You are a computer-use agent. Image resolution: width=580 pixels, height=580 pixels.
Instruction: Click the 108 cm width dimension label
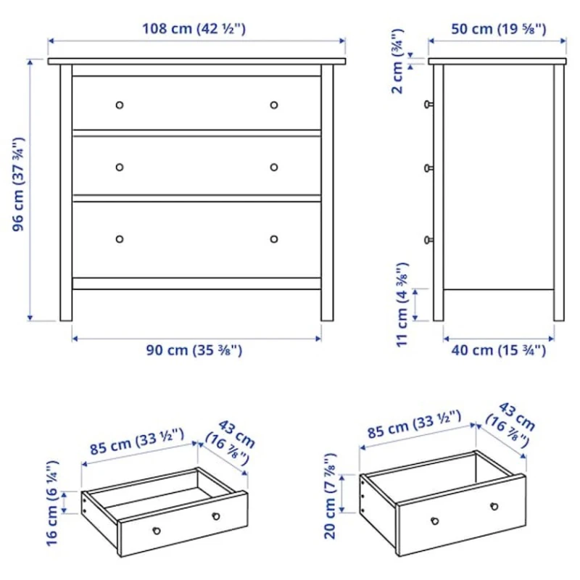coord(196,29)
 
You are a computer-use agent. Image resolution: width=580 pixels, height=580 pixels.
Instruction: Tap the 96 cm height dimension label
coord(19,184)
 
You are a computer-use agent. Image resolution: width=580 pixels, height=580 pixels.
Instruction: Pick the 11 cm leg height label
coord(404,304)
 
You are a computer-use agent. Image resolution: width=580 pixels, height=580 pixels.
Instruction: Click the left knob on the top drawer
coord(120,105)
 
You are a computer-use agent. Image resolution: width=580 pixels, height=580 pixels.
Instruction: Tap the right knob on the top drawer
coord(274,105)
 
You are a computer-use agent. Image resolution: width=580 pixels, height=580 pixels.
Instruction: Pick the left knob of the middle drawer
coord(120,167)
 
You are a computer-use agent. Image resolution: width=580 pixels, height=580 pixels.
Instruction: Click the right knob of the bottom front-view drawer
coord(274,239)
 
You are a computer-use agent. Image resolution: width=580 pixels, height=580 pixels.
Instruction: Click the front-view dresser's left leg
coord(66,304)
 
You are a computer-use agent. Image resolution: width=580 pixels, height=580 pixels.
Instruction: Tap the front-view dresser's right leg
coord(327,304)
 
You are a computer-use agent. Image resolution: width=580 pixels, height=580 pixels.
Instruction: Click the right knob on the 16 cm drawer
coord(215,516)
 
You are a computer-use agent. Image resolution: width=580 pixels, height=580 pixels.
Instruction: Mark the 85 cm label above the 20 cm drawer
coord(414,427)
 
